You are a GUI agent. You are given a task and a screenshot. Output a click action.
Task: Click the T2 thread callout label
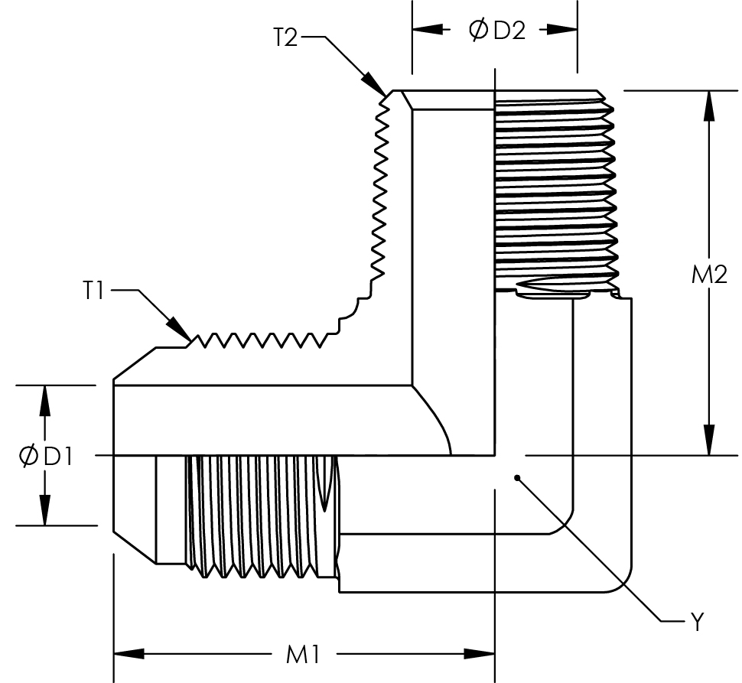pos(285,37)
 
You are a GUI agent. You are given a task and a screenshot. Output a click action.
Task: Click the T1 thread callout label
pos(94,291)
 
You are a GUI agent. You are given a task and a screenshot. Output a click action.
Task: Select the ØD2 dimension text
pos(496,31)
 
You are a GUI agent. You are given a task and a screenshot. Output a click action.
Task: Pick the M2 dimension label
pos(709,275)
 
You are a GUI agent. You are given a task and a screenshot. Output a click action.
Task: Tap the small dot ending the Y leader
pos(518,479)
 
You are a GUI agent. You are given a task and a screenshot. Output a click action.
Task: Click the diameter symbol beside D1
pos(28,456)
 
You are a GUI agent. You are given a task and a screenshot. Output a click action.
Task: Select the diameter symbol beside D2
pos(478,31)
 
